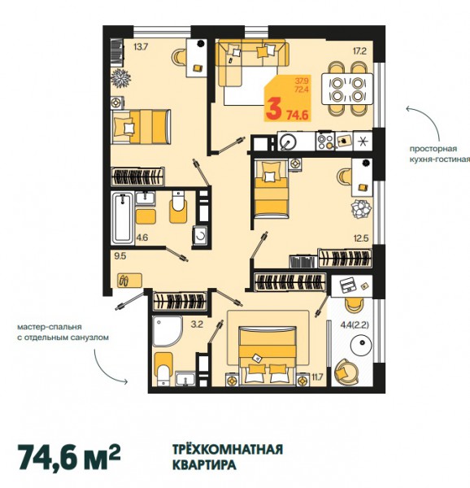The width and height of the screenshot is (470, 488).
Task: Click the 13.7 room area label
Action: pyautogui.click(x=141, y=47)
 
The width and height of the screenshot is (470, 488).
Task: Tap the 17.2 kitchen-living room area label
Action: pyautogui.click(x=359, y=51)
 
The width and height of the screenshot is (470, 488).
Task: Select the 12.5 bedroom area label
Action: pyautogui.click(x=361, y=238)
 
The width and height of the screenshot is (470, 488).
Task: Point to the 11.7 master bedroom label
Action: pyautogui.click(x=318, y=377)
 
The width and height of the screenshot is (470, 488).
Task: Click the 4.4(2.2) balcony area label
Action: pyautogui.click(x=355, y=325)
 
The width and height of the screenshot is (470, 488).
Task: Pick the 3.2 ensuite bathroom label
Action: pyautogui.click(x=197, y=325)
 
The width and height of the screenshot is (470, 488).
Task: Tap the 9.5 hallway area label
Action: pyautogui.click(x=120, y=256)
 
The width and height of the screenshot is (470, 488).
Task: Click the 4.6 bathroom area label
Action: pyautogui.click(x=141, y=238)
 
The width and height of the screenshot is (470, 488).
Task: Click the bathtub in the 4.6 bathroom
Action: pyautogui.click(x=123, y=219)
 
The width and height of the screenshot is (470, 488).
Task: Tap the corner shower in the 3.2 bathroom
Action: pyautogui.click(x=167, y=331)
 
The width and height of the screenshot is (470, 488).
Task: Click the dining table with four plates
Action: pyautogui.click(x=347, y=89)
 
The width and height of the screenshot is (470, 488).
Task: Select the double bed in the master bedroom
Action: pyautogui.click(x=268, y=355)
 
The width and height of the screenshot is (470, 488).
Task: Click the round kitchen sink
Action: pyautogui.click(x=289, y=142)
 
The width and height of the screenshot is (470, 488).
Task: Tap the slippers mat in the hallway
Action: pyautogui.click(x=129, y=280)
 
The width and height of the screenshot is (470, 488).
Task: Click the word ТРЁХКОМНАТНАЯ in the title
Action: pyautogui.click(x=228, y=450)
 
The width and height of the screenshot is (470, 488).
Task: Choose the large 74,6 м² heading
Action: pyautogui.click(x=70, y=457)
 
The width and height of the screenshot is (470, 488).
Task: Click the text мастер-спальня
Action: pyautogui.click(x=50, y=327)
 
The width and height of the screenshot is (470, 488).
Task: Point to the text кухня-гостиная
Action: pyautogui.click(x=440, y=159)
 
